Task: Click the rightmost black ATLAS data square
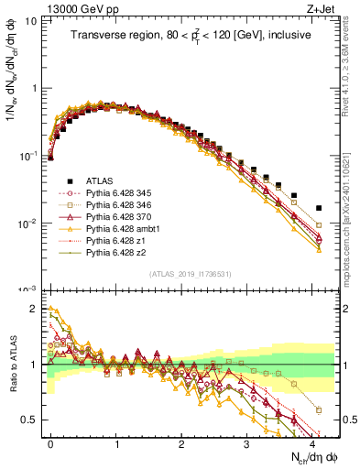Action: pos(319,208)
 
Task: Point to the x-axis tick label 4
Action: pos(312,442)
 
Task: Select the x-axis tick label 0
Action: pos(50,442)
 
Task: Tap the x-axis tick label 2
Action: pos(181,442)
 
